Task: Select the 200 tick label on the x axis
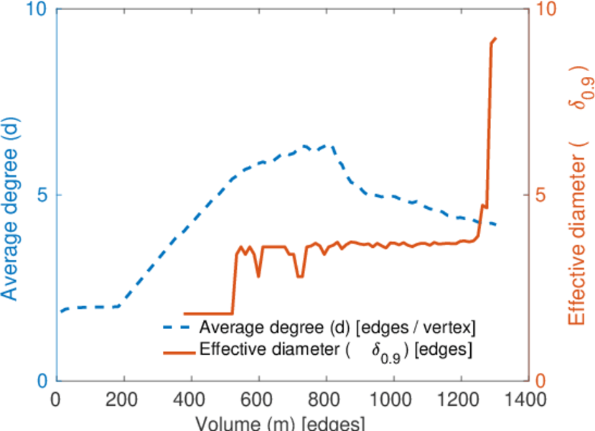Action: click(x=123, y=399)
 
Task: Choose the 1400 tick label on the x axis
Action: click(x=528, y=399)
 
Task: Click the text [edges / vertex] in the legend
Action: click(x=416, y=329)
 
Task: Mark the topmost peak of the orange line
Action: click(x=495, y=38)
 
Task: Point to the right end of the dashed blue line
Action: click(x=497, y=225)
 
